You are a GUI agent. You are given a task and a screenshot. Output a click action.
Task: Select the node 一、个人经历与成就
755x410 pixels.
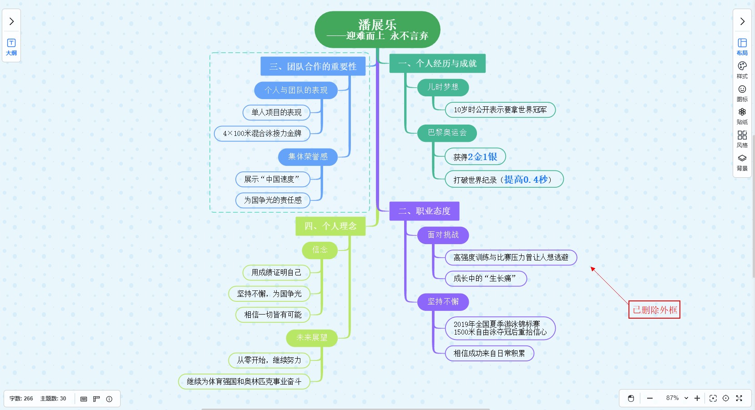(437, 64)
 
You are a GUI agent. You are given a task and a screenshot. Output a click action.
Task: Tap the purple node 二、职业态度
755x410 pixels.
(424, 211)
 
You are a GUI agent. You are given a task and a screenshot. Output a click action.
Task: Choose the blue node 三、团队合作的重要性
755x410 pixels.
(313, 66)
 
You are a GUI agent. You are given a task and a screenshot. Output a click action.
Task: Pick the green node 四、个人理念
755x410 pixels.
(330, 226)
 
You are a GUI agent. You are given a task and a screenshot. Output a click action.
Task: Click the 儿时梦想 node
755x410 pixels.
(443, 87)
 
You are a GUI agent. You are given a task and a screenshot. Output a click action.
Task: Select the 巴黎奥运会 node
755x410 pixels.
(447, 133)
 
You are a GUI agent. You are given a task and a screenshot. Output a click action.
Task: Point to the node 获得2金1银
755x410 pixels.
(475, 157)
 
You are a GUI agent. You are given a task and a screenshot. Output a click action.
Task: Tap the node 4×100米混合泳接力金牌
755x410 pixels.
(262, 134)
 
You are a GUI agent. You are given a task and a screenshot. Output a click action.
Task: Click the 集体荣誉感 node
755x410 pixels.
(308, 157)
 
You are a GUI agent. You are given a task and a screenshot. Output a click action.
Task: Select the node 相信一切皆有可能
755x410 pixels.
(273, 315)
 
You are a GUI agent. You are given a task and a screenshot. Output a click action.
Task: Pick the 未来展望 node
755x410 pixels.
(312, 338)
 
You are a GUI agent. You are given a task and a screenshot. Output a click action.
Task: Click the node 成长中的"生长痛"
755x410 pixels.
(486, 279)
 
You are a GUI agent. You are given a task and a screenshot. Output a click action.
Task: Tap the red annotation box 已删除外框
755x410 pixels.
(654, 310)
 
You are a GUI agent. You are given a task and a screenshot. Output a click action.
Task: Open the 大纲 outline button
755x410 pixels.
(11, 46)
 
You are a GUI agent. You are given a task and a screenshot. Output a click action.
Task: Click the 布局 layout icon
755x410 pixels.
(742, 46)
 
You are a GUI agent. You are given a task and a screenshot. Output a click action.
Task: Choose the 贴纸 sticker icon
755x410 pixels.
(742, 115)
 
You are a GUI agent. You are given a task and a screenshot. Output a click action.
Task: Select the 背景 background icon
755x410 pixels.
(742, 162)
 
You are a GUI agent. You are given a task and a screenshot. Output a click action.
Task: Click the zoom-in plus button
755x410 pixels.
(697, 398)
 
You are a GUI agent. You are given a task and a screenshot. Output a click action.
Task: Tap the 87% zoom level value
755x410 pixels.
(672, 398)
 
